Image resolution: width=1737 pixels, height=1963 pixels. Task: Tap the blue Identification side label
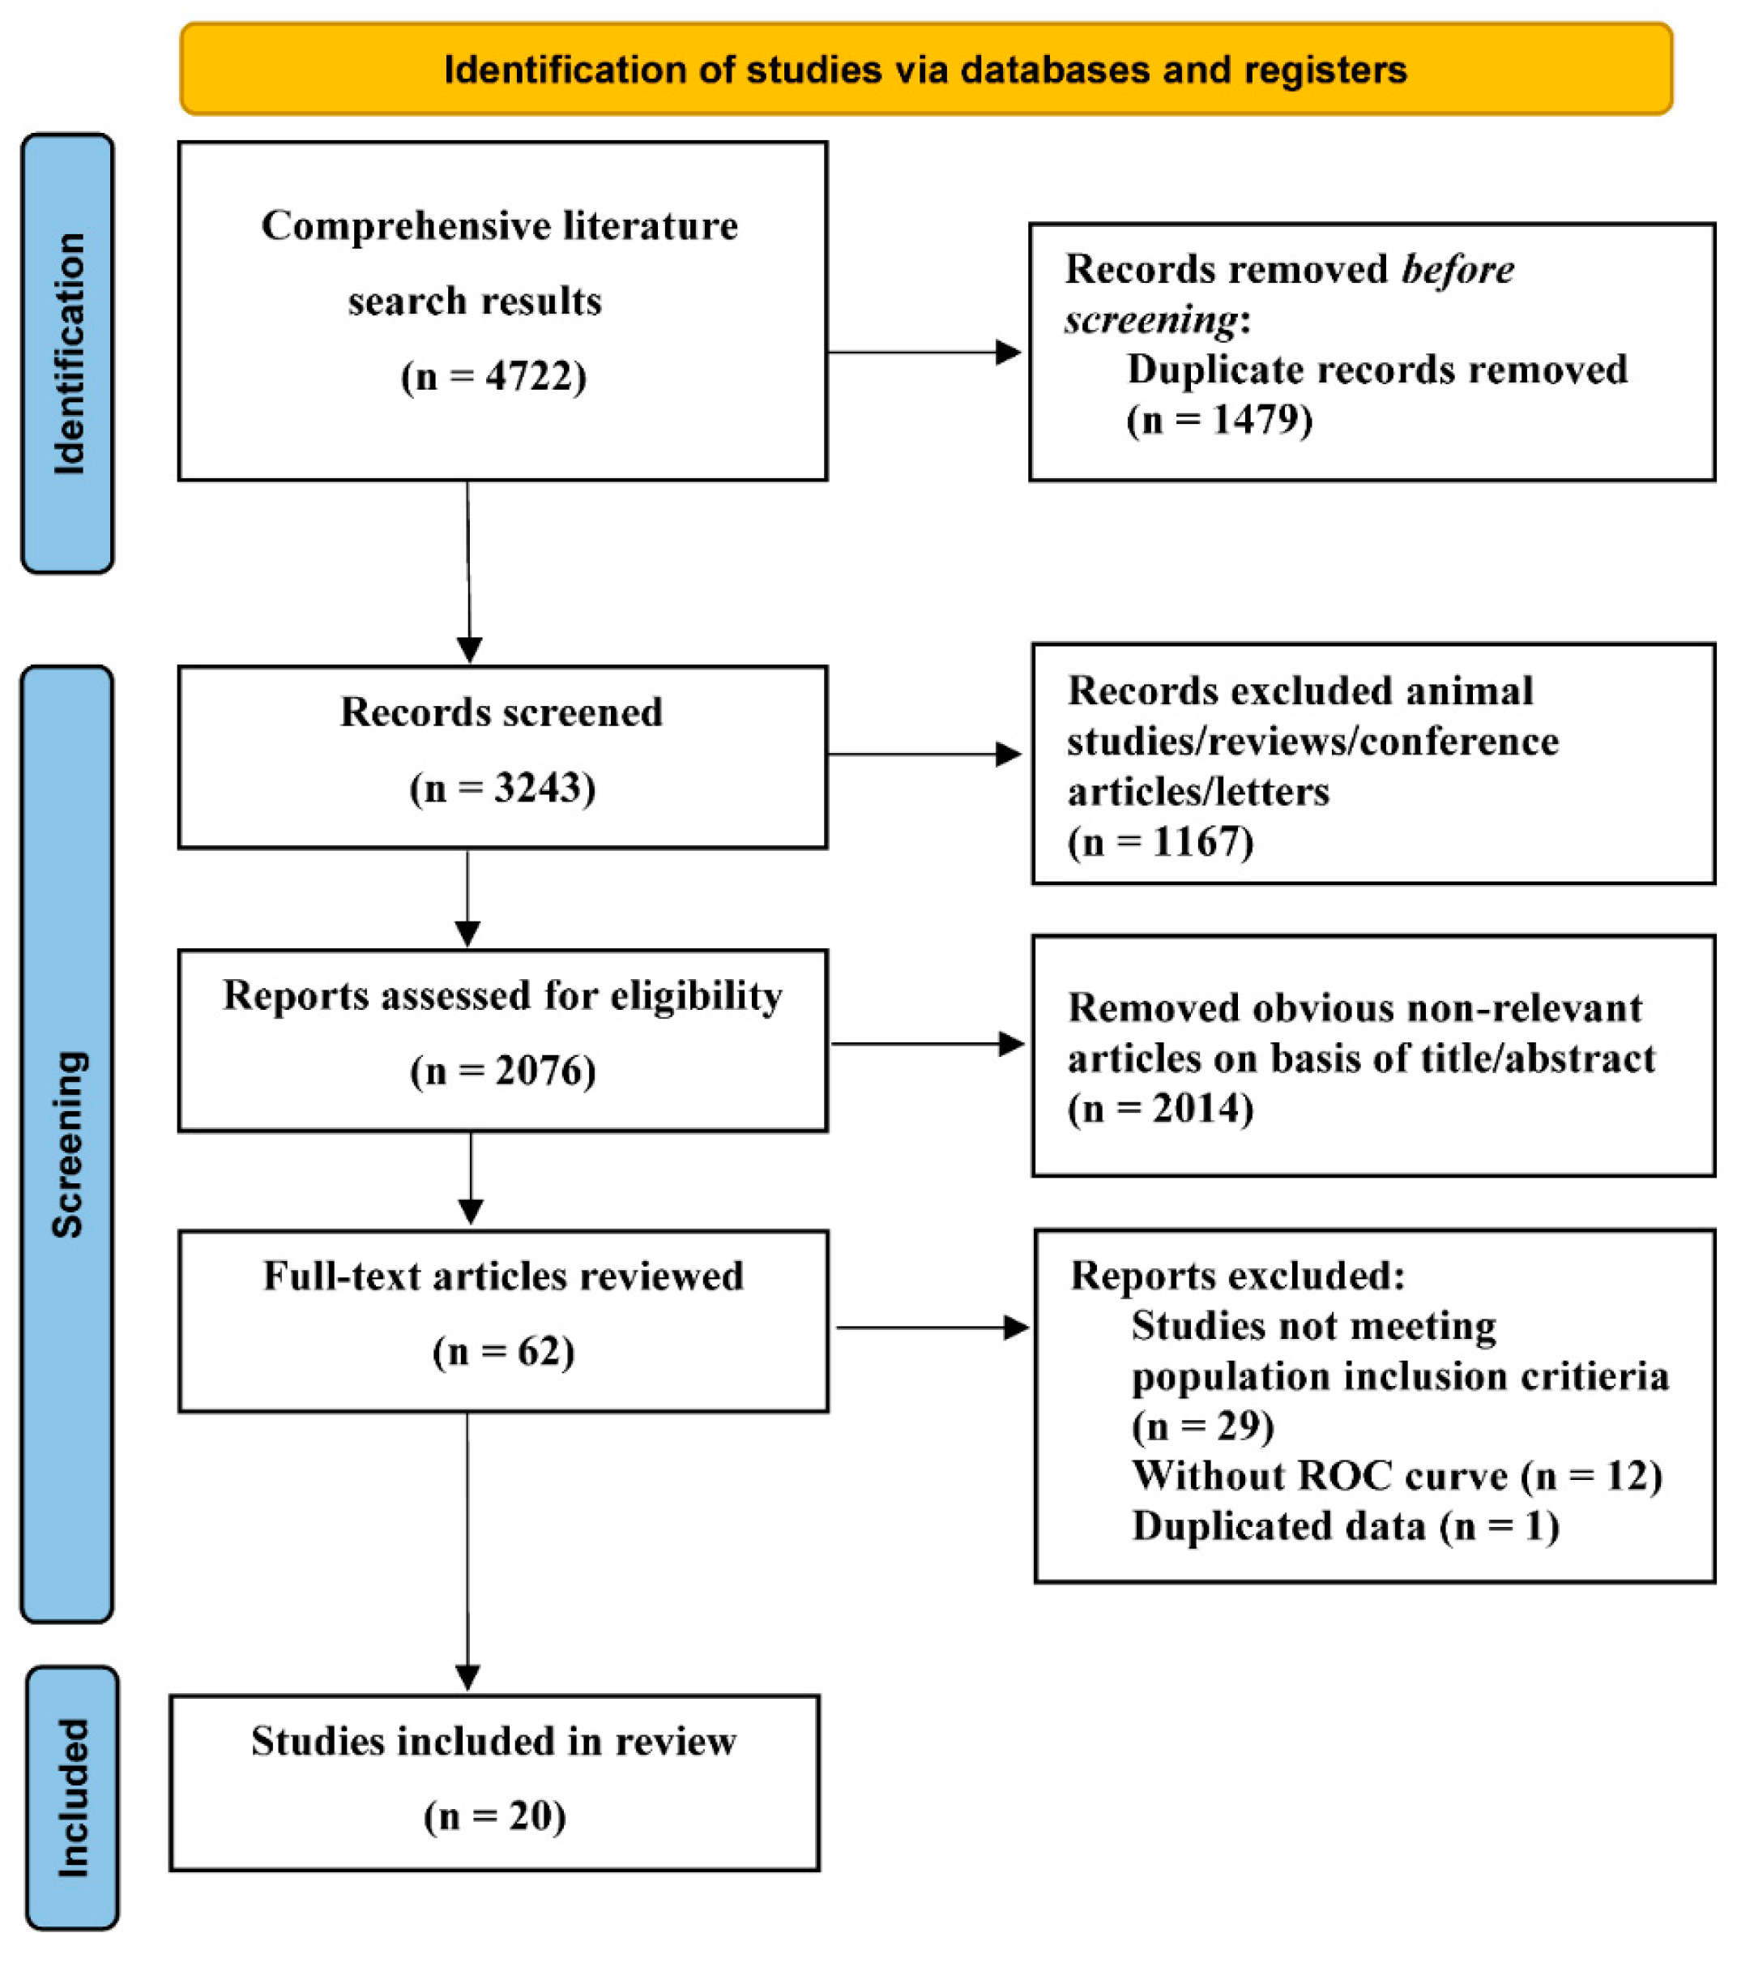click(68, 353)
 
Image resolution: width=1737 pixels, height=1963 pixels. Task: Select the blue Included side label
click(72, 1798)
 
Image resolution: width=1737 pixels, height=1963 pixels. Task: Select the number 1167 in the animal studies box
click(1196, 842)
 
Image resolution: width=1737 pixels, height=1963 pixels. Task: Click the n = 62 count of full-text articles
click(503, 1351)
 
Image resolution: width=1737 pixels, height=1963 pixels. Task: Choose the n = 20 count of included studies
click(494, 1816)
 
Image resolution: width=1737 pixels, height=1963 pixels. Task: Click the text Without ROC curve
click(1318, 1475)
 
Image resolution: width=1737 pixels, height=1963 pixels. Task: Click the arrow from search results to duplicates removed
click(924, 353)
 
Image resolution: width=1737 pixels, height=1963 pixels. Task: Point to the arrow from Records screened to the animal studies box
click(924, 755)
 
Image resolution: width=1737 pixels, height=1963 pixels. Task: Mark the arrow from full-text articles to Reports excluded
click(932, 1328)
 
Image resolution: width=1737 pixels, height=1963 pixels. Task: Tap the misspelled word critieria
click(1597, 1375)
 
